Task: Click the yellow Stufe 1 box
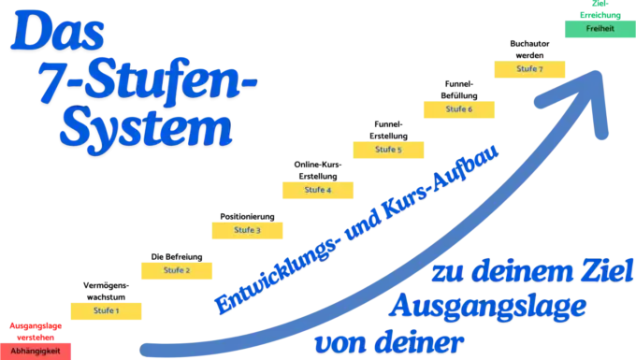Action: [105, 310]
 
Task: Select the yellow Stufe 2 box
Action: [177, 270]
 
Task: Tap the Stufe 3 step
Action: [247, 230]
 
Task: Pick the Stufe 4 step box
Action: [318, 190]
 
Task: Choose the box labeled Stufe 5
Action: [388, 149]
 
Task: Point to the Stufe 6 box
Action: [458, 108]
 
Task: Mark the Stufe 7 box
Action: [529, 69]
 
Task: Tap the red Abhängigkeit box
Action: [36, 350]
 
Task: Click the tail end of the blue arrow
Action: [150, 348]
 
